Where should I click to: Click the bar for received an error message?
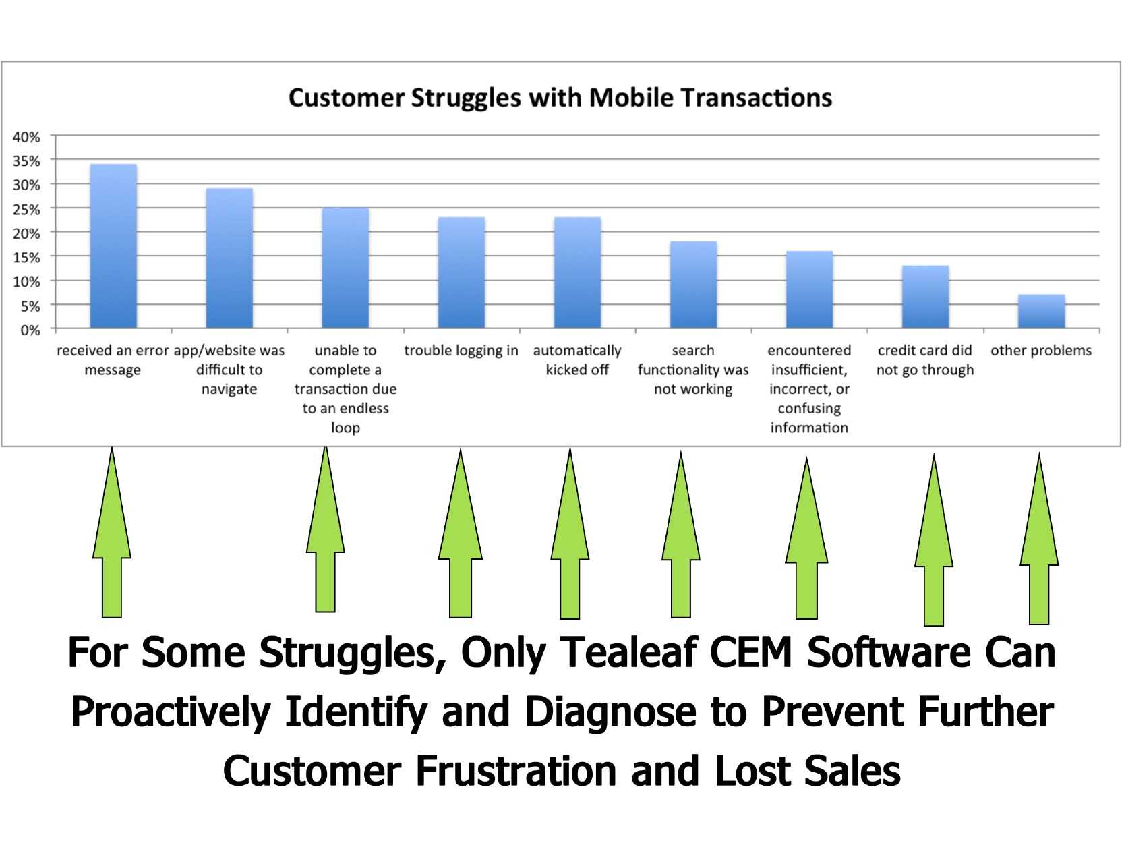[x=113, y=246]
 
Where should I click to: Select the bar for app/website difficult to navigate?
[x=229, y=258]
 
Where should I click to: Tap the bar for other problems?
[x=1042, y=312]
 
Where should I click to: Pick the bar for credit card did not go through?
[x=925, y=297]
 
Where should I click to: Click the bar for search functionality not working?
[x=693, y=285]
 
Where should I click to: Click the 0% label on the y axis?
[x=30, y=330]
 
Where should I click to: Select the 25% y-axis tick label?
[x=26, y=209]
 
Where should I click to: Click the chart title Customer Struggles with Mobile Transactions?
[x=560, y=97]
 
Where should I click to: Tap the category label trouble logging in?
[x=461, y=351]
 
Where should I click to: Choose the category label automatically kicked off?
[x=577, y=360]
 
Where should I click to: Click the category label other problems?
[x=1041, y=350]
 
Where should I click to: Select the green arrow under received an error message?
[x=112, y=533]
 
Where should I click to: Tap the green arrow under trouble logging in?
[x=461, y=533]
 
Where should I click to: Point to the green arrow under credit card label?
[x=933, y=540]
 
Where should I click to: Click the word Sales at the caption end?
[x=852, y=772]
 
